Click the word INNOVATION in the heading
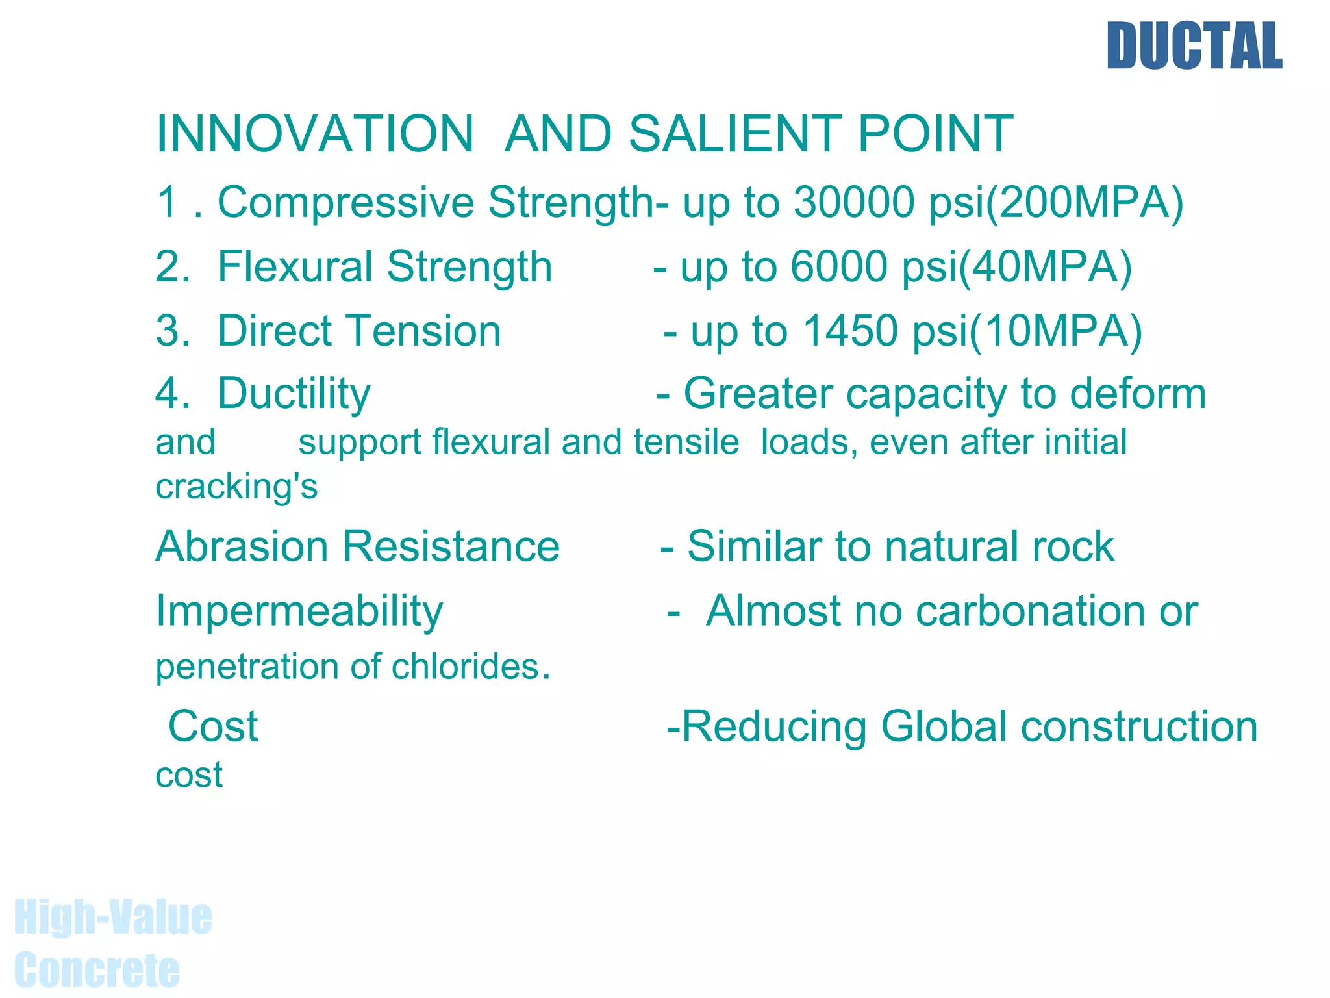[315, 134]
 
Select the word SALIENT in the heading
[734, 134]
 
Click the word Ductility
[294, 394]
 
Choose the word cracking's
[236, 487]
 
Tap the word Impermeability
[299, 612]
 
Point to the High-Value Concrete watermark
[112, 943]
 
